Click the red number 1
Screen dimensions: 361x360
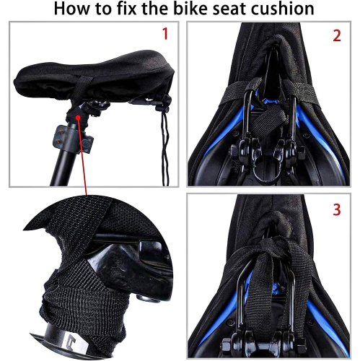[165, 33]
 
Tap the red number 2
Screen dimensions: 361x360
[336, 35]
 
